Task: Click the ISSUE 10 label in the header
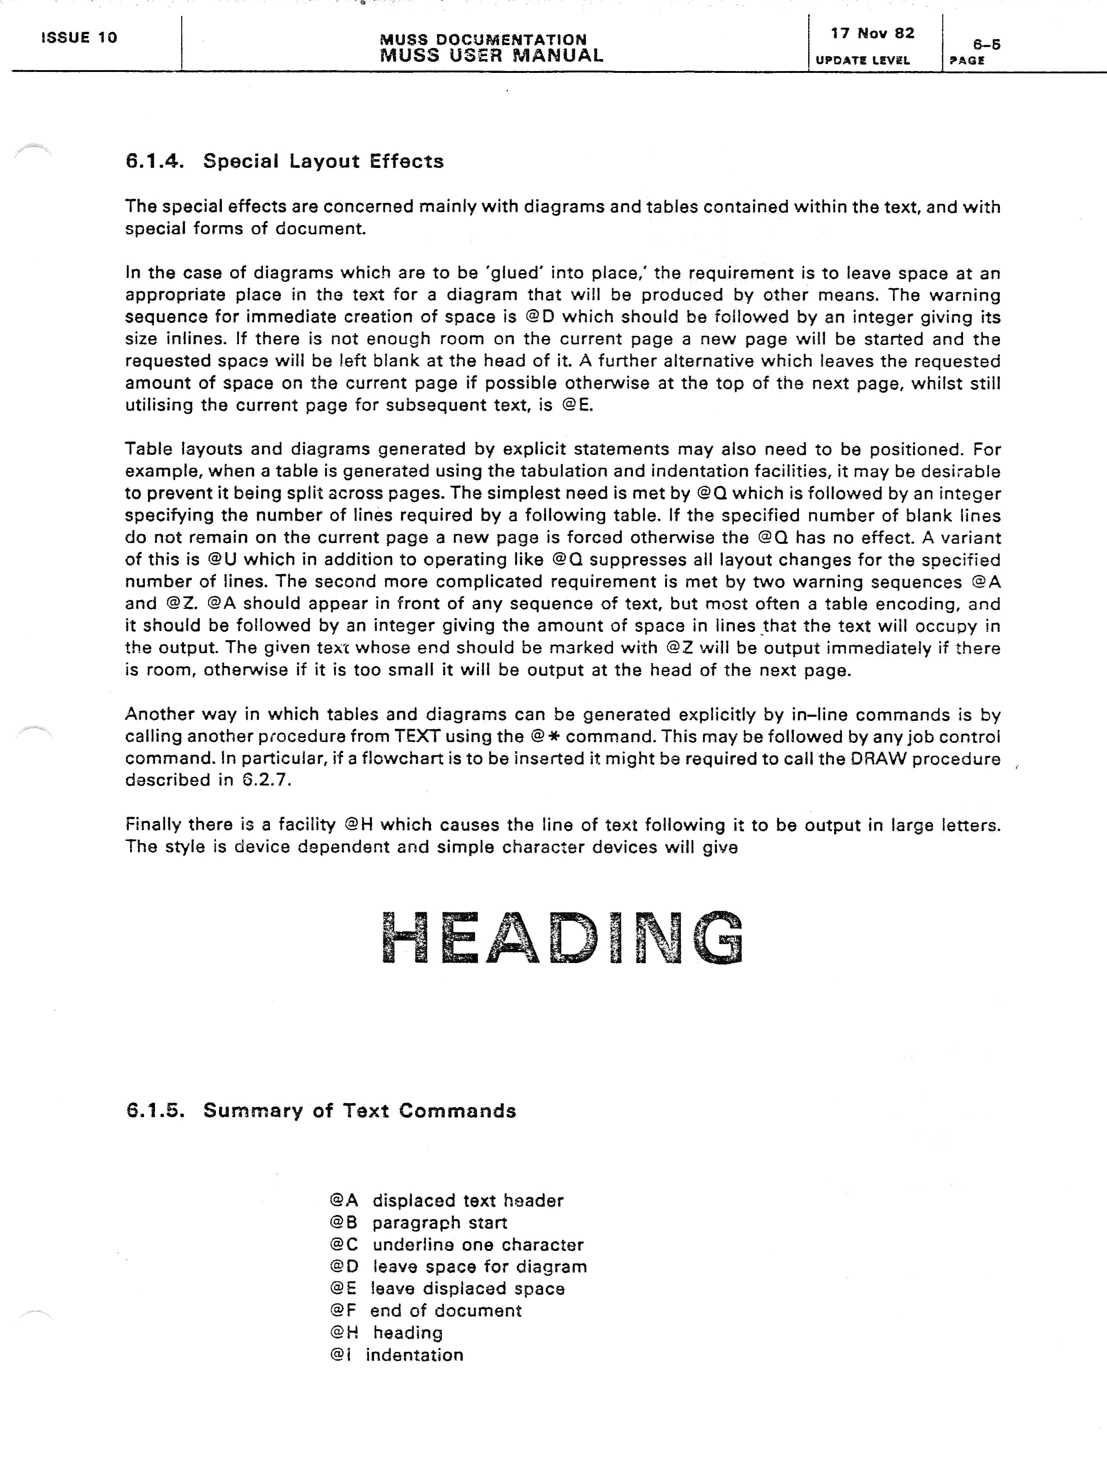click(x=79, y=37)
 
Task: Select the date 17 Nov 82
click(x=872, y=33)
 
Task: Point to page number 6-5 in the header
click(x=986, y=45)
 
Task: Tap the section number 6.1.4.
click(x=154, y=161)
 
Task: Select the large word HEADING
click(x=562, y=938)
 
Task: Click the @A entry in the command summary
click(x=446, y=1201)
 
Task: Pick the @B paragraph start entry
click(x=418, y=1222)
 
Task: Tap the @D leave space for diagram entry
click(x=458, y=1267)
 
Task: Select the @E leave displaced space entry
click(x=446, y=1288)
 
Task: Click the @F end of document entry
click(x=425, y=1310)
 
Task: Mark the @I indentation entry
click(x=396, y=1355)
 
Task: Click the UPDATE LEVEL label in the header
click(x=862, y=60)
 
